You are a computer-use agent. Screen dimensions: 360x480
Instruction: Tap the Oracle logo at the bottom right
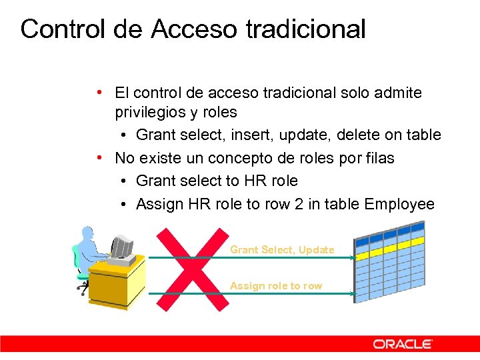[403, 344]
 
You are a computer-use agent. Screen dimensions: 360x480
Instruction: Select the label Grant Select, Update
[282, 249]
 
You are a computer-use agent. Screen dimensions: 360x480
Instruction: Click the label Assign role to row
[275, 285]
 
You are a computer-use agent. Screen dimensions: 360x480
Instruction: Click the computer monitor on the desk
[121, 247]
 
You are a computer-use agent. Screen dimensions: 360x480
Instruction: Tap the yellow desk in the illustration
[117, 283]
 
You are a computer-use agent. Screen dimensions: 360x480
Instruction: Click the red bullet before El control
[98, 91]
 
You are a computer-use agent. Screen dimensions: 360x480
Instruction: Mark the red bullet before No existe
[98, 157]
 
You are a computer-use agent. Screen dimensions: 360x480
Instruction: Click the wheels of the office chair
[83, 288]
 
